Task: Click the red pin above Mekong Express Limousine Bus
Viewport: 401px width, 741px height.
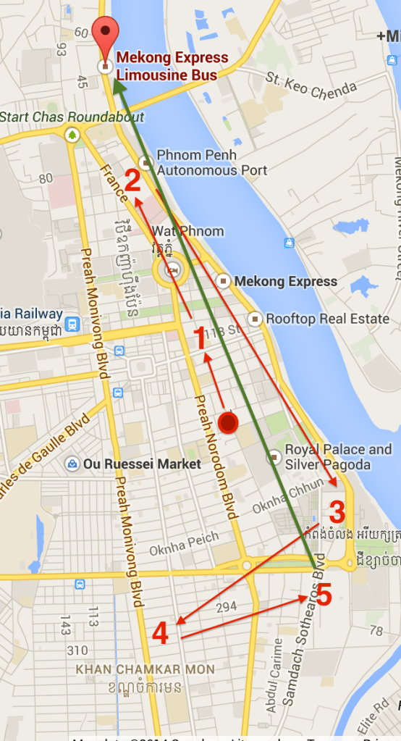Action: coord(106,33)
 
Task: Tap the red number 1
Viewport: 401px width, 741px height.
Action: coord(199,338)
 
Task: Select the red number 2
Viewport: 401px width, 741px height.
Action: coord(132,180)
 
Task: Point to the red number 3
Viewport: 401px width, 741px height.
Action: coord(337,513)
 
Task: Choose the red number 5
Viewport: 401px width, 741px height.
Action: coord(324,596)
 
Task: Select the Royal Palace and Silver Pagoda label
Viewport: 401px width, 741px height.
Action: coord(338,456)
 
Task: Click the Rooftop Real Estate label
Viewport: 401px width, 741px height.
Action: coord(328,319)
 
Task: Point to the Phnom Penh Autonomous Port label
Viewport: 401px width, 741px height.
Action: coord(211,163)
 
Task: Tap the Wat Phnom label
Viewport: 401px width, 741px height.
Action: coord(187,231)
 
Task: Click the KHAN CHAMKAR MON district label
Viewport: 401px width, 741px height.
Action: coord(145,669)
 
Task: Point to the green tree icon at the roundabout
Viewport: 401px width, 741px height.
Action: coord(72,135)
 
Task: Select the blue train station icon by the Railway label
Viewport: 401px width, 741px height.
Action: coord(72,323)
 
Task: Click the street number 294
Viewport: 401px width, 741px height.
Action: coord(227,606)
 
